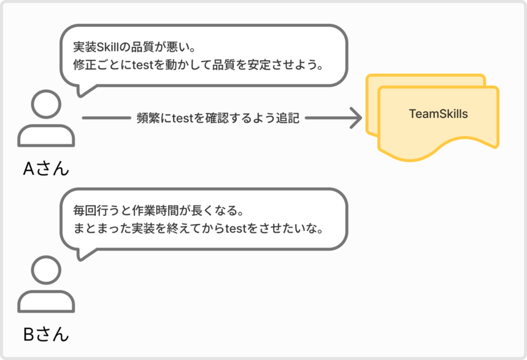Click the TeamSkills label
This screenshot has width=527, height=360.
438,114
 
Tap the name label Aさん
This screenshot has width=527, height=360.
46,168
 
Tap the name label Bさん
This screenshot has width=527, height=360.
46,334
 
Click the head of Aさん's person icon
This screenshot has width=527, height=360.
46,104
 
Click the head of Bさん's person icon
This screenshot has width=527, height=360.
46,270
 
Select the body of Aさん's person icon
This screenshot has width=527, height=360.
46,136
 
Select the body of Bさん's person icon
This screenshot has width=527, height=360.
46,301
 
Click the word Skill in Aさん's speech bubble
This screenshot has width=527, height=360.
108,47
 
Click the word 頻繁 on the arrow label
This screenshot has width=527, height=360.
148,118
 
